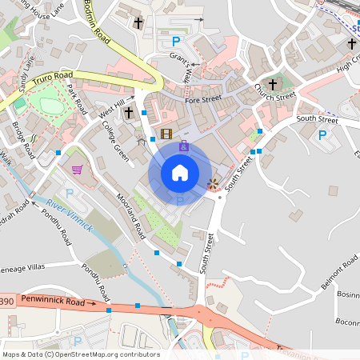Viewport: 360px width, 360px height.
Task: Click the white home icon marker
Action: (x=180, y=173)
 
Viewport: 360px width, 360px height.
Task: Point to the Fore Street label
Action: (x=202, y=100)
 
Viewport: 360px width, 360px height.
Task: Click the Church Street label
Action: (x=274, y=97)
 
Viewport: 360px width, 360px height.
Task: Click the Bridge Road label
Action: (x=23, y=139)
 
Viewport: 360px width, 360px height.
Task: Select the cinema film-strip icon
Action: (x=166, y=134)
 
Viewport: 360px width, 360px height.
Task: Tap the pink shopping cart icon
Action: (x=77, y=169)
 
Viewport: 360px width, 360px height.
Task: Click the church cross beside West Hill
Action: (x=129, y=113)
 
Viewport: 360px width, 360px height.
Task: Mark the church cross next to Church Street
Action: (x=272, y=84)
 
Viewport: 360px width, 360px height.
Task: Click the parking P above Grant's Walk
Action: (x=176, y=41)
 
